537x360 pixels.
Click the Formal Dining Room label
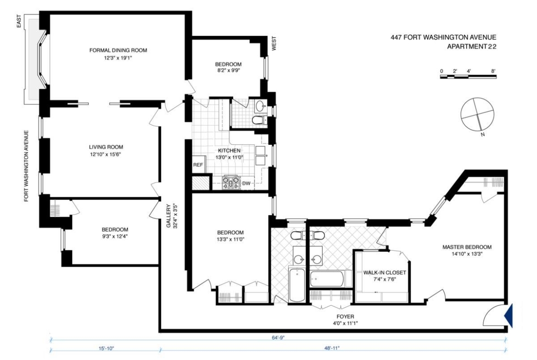pos(118,50)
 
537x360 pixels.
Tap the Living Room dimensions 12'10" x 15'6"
pos(106,155)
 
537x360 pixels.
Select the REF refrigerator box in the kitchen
pos(198,165)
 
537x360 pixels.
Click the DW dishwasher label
pos(246,183)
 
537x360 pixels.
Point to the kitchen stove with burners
pos(231,182)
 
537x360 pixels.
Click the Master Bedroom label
pos(467,247)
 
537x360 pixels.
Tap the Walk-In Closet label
pos(385,273)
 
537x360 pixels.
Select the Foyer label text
pos(345,316)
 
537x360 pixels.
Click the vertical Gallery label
pos(168,216)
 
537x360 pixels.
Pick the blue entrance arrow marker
pos(509,316)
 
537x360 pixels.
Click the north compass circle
pos(477,114)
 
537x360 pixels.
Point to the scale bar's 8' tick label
pos(493,71)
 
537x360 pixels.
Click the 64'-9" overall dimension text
pos(276,338)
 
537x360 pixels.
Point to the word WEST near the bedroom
pos(274,44)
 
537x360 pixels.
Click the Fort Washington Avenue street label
pos(26,166)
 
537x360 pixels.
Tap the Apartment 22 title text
pos(471,46)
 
